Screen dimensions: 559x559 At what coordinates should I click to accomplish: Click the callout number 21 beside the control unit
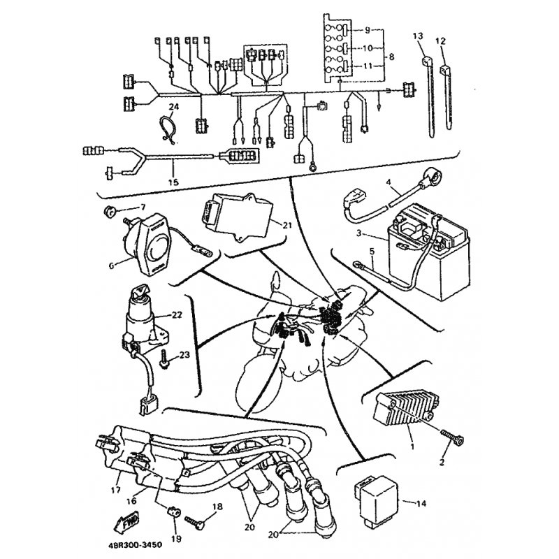point(287,225)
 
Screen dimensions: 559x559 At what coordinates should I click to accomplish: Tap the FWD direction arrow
point(126,522)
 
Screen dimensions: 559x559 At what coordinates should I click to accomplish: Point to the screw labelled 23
point(164,360)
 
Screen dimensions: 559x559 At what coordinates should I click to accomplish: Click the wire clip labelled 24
point(168,129)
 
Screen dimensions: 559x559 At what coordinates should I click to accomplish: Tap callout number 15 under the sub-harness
point(173,182)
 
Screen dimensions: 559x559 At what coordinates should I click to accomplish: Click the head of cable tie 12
point(446,69)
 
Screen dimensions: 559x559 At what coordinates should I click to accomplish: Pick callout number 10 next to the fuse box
point(368,48)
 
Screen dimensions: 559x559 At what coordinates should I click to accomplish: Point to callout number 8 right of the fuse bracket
point(391,57)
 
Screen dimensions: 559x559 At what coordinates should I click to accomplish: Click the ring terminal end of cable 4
point(432,178)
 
